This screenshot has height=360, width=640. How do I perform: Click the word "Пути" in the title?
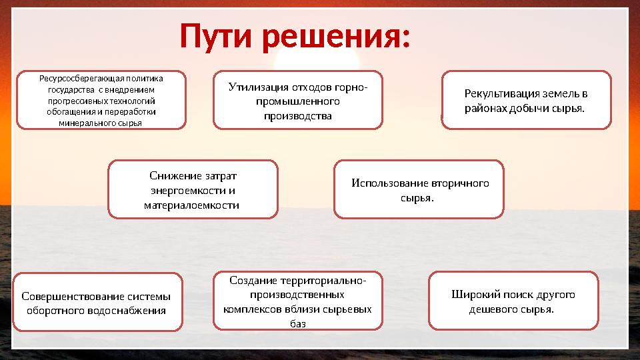tap(217, 38)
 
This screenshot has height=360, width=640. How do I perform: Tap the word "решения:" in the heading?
tap(335, 38)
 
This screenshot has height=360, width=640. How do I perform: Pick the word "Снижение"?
tap(175, 176)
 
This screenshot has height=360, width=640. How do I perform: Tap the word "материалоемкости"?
tap(192, 205)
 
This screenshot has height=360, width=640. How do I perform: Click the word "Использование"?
tap(389, 183)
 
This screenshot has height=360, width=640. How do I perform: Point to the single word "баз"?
tap(298, 323)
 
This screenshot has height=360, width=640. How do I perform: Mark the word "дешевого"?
tap(493, 309)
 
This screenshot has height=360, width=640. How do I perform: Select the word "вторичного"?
tap(460, 183)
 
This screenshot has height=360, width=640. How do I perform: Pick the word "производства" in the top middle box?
tap(298, 116)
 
